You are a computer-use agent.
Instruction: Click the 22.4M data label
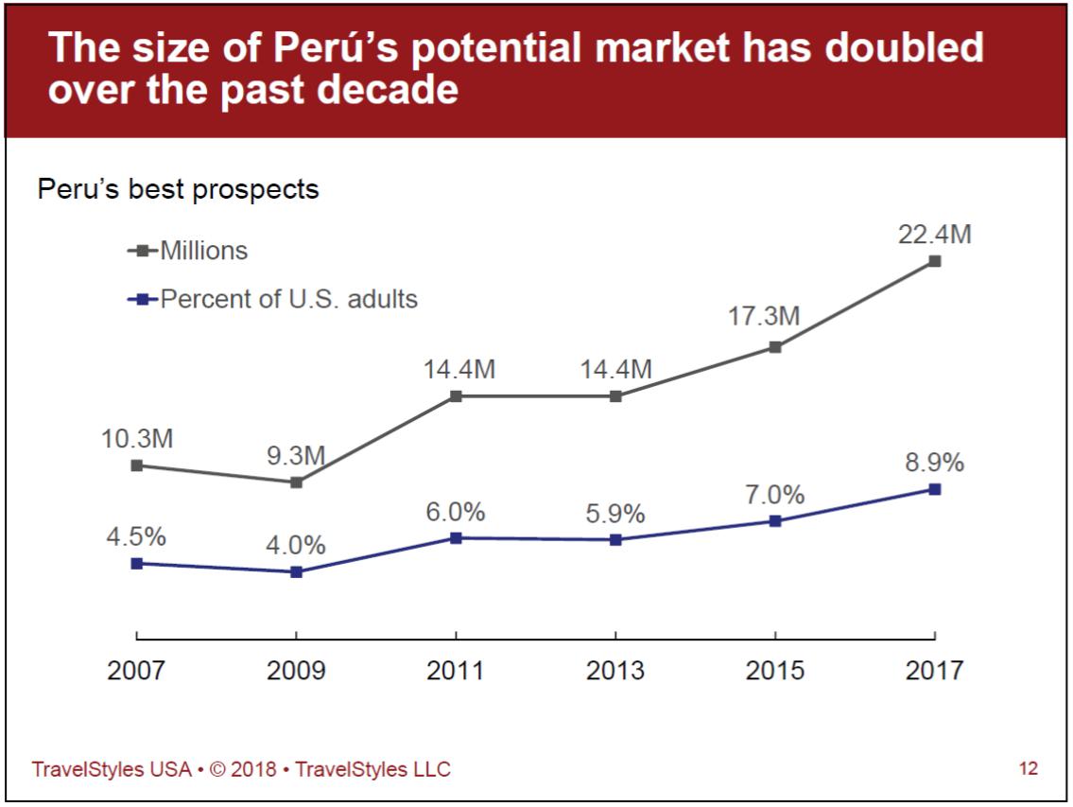click(x=934, y=236)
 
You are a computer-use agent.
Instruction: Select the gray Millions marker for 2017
click(x=934, y=261)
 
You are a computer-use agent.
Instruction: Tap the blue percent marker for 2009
click(x=296, y=571)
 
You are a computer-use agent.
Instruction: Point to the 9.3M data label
click(x=296, y=456)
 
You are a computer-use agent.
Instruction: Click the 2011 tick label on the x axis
click(x=456, y=671)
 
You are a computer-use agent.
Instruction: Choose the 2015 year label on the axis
click(x=775, y=671)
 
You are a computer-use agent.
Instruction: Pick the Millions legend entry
click(x=202, y=251)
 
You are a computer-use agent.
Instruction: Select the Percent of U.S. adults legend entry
click(x=287, y=299)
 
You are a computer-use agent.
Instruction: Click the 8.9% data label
click(x=934, y=463)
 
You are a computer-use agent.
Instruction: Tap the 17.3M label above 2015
click(x=764, y=317)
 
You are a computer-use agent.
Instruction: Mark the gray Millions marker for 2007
click(x=136, y=465)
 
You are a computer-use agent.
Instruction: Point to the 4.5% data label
click(x=136, y=536)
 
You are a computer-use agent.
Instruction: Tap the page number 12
click(x=1028, y=768)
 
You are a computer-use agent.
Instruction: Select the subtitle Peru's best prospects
click(x=178, y=190)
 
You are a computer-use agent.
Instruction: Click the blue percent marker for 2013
click(x=615, y=539)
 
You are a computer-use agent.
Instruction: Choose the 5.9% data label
click(x=615, y=514)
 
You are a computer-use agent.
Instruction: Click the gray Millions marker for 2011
click(x=456, y=396)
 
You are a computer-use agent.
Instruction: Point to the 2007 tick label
click(x=136, y=671)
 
